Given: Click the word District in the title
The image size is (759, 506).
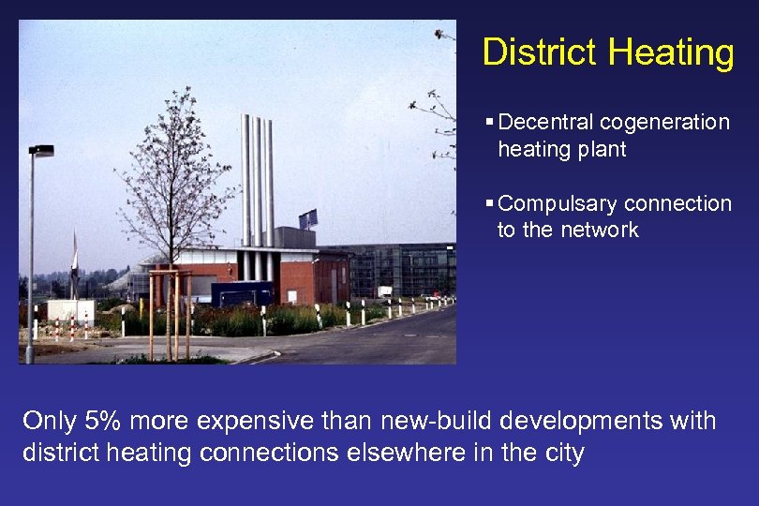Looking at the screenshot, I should [x=539, y=52].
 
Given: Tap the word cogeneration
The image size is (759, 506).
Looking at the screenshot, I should [x=664, y=123].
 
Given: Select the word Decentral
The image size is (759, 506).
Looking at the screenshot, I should [x=546, y=123].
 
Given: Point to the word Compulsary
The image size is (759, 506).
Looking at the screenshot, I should [x=558, y=204].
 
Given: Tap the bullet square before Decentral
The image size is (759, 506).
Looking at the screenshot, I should [x=490, y=123].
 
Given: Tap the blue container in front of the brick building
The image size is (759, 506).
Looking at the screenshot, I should [x=242, y=294].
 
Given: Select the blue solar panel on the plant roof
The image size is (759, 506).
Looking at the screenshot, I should [x=308, y=219].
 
